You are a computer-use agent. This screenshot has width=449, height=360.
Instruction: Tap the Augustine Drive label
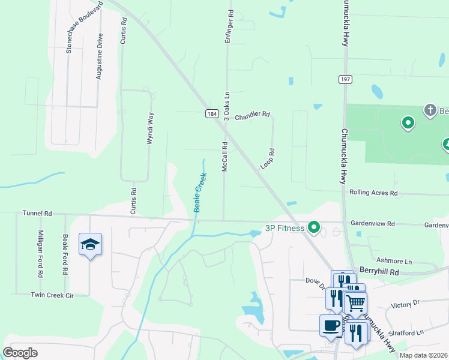[100, 56]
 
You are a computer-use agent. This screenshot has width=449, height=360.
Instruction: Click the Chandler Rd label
[252, 115]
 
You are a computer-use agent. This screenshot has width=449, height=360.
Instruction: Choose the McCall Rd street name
[224, 157]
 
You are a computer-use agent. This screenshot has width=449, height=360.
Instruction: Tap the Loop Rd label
[268, 159]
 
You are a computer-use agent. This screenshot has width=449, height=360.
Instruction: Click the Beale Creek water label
[199, 193]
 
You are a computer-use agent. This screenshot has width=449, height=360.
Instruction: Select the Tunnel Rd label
[37, 213]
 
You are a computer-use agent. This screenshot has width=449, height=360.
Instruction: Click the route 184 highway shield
[211, 113]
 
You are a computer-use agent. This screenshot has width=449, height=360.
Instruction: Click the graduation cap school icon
[90, 244]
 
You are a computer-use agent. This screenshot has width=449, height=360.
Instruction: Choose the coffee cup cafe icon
[330, 325]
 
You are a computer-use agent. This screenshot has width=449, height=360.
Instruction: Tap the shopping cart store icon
[355, 303]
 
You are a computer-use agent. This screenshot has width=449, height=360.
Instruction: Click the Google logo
[20, 353]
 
